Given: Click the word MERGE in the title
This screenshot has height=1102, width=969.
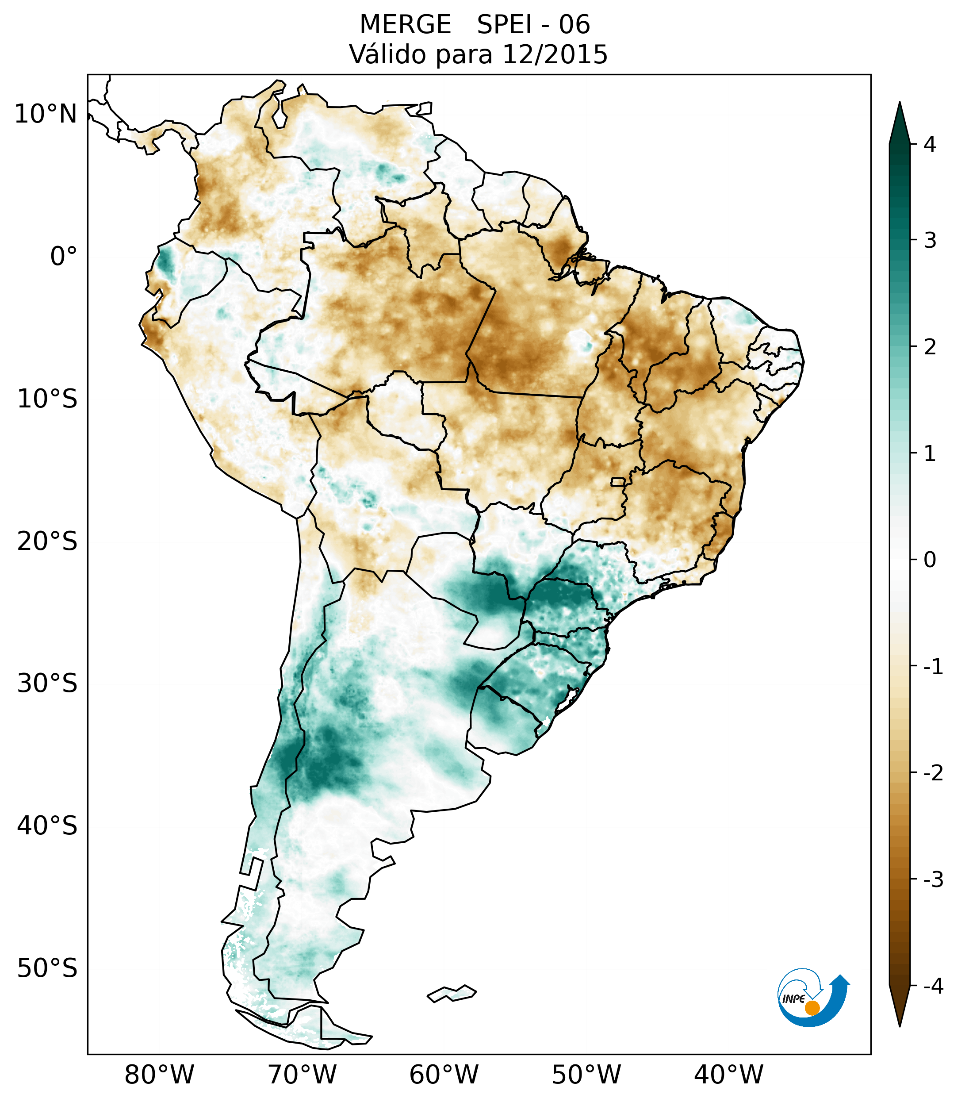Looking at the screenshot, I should click(405, 25).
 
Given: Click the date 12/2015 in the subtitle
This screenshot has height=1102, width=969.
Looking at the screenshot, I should click(555, 54).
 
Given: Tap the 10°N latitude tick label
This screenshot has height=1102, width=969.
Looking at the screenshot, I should click(46, 114).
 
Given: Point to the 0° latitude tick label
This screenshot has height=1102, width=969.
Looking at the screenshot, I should click(64, 257).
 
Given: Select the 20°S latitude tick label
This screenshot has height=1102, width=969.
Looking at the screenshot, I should click(47, 541).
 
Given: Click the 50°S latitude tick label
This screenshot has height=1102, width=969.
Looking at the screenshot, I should click(47, 968).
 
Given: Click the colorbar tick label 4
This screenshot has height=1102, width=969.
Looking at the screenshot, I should click(930, 145).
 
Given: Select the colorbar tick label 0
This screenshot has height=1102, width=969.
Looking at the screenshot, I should click(930, 560).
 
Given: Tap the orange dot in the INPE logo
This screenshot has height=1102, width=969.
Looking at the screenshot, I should click(812, 1008).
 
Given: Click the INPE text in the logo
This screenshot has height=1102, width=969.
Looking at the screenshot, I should click(793, 999).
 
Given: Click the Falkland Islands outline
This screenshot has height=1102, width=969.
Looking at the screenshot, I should click(452, 993).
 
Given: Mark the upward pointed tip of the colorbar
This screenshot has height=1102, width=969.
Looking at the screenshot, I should click(900, 104).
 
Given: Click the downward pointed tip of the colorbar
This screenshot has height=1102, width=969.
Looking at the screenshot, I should click(900, 1025).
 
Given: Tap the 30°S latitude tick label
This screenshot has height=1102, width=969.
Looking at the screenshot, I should click(47, 683).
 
